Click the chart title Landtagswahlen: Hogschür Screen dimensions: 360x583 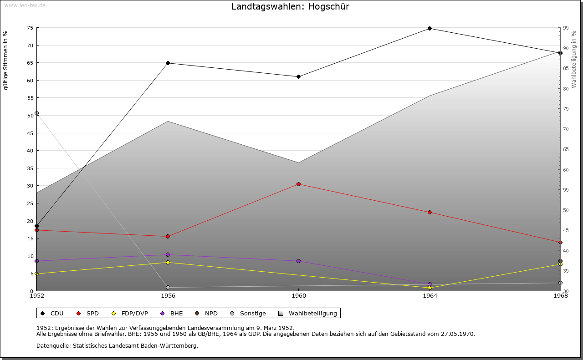tap(291, 6)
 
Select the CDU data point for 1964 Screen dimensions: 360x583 tap(430, 28)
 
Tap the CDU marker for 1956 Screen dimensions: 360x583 tap(168, 63)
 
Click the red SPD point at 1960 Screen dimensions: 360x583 tap(298, 184)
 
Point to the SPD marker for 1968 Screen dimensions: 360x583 tap(560, 242)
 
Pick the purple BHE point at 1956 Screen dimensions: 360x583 tap(168, 254)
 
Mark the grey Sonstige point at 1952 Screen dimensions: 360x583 tap(36, 113)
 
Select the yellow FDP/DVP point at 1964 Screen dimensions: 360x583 tap(430, 288)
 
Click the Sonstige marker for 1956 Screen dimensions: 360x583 tap(168, 287)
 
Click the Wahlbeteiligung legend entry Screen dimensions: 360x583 tap(312, 313)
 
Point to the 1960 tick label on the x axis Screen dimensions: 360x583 tap(298, 296)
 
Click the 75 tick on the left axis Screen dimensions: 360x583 tap(30, 28)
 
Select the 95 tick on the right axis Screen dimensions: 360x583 tap(565, 28)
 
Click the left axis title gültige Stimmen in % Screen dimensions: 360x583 tap(6, 60)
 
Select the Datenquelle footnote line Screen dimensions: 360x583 tap(117, 345)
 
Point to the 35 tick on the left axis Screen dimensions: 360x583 tap(30, 168)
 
